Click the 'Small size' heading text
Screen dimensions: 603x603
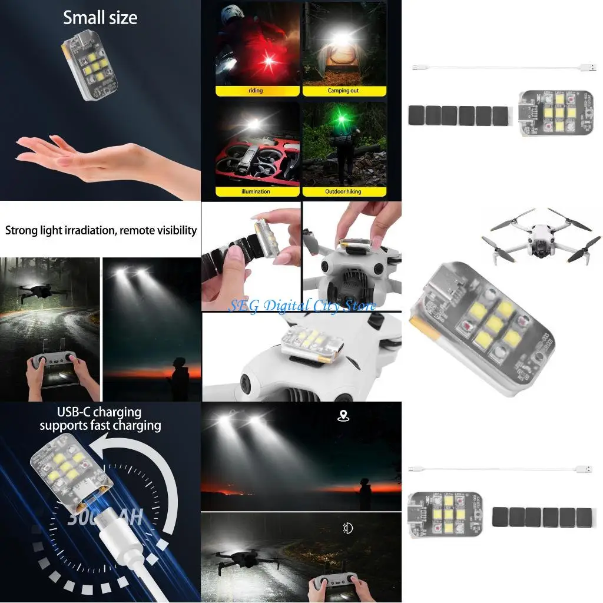[x=100, y=18]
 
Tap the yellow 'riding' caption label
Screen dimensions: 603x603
[x=256, y=91]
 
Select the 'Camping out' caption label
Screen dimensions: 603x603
[x=343, y=91]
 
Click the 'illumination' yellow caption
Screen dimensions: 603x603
[x=256, y=191]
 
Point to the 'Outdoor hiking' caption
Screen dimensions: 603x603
[x=343, y=191]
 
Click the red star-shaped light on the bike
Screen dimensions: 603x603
[x=271, y=60]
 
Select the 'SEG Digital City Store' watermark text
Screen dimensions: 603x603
[x=301, y=306]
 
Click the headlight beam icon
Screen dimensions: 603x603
[x=347, y=528]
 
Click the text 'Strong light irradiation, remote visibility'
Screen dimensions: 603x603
[x=101, y=230]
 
